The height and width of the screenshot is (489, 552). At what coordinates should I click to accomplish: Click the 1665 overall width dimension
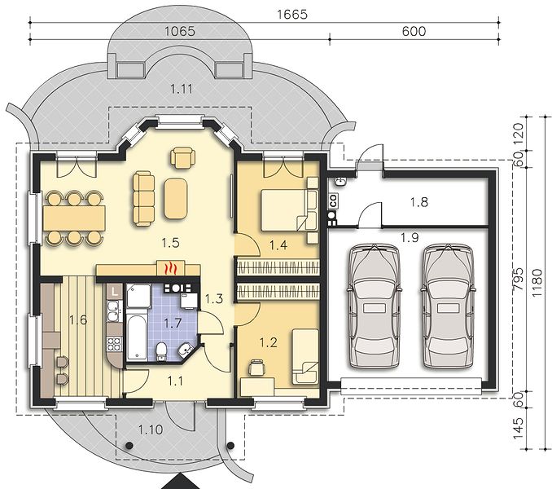[x=292, y=15]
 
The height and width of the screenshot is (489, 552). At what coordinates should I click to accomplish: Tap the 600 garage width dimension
[x=414, y=31]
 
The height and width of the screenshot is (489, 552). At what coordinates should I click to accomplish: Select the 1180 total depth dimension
[x=537, y=283]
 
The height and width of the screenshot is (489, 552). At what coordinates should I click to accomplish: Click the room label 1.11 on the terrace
[x=182, y=89]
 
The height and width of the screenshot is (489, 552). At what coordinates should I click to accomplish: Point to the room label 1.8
[x=419, y=202]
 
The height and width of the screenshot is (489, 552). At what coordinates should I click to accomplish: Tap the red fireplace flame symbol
[x=171, y=268]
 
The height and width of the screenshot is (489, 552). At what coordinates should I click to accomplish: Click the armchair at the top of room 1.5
[x=182, y=157]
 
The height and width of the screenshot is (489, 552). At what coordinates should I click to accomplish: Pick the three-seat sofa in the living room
[x=143, y=198]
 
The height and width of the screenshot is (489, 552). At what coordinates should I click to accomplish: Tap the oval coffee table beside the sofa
[x=175, y=199]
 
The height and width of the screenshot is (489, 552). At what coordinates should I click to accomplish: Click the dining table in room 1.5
[x=74, y=218]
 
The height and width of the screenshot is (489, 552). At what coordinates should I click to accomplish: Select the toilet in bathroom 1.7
[x=161, y=351]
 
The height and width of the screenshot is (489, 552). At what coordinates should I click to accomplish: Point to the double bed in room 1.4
[x=283, y=210]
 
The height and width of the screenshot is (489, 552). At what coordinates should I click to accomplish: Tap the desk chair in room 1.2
[x=256, y=368]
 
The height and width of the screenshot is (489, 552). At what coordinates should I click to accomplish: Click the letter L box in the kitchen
[x=115, y=292]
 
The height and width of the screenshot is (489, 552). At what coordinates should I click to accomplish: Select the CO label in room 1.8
[x=333, y=200]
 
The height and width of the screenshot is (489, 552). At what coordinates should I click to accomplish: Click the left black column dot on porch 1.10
[x=129, y=445]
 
